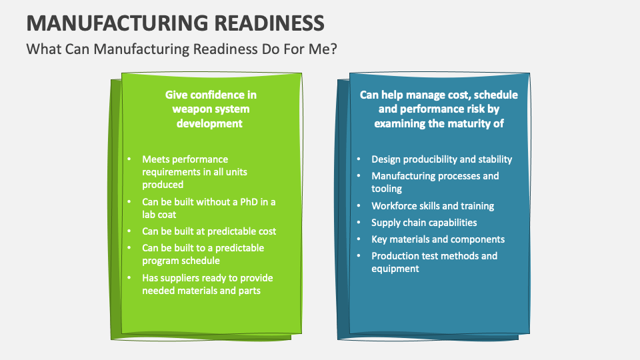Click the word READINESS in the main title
pos(271,23)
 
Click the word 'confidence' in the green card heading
pos(213,95)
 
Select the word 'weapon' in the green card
pos(192,109)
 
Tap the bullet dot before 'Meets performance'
pos(129,159)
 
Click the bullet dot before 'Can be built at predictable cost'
pos(129,231)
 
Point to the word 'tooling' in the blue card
pos(387,189)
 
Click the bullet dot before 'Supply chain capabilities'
pos(359,223)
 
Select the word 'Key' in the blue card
pos(379,239)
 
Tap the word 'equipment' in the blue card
pos(395,269)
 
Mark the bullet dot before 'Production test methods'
pos(359,256)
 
